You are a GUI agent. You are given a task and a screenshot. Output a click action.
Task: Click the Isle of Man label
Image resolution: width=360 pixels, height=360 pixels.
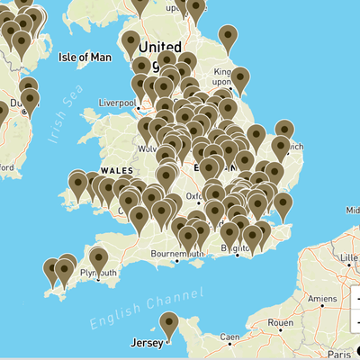pos(85,57)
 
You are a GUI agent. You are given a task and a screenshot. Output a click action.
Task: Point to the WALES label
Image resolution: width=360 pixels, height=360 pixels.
pos(116,170)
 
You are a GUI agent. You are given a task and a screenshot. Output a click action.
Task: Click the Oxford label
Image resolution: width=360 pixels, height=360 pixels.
pos(197,195)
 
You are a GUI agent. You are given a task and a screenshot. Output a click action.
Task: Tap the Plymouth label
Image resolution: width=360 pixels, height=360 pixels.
pos(98,272)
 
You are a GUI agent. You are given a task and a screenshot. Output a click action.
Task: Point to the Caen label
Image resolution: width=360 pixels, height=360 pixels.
pos(229,337)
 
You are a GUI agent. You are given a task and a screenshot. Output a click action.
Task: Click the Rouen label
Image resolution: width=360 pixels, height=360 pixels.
pos(281,322)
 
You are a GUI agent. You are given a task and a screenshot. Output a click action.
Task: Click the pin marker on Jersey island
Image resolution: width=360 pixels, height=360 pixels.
pos(168,324)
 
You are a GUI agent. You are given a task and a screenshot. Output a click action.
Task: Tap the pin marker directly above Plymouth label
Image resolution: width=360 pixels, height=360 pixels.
pos(98,258)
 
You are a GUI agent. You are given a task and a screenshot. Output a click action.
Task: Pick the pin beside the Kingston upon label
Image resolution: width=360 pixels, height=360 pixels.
pos(240,79)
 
